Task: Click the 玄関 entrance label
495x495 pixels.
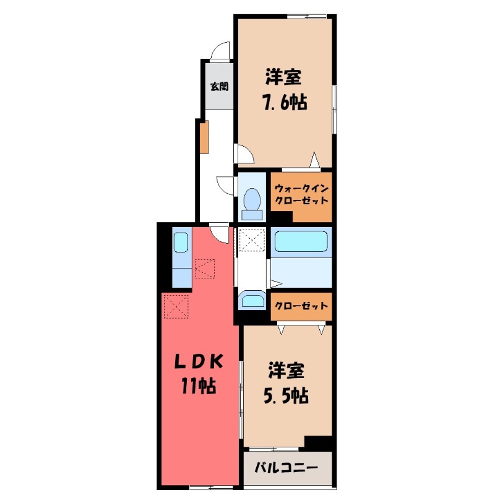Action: [x=218, y=87]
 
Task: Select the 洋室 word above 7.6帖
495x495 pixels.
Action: [x=284, y=77]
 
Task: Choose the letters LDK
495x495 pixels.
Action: [x=197, y=361]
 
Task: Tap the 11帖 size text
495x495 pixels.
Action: [x=198, y=386]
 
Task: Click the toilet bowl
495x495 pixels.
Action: [x=251, y=201]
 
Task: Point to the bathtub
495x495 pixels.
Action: [x=302, y=242]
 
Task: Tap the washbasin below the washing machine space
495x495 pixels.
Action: [x=252, y=301]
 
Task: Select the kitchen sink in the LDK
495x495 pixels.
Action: [x=180, y=242]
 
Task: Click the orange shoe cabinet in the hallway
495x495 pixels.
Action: [x=204, y=137]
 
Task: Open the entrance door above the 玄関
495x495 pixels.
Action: [x=220, y=53]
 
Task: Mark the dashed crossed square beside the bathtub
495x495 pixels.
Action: [x=251, y=240]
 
